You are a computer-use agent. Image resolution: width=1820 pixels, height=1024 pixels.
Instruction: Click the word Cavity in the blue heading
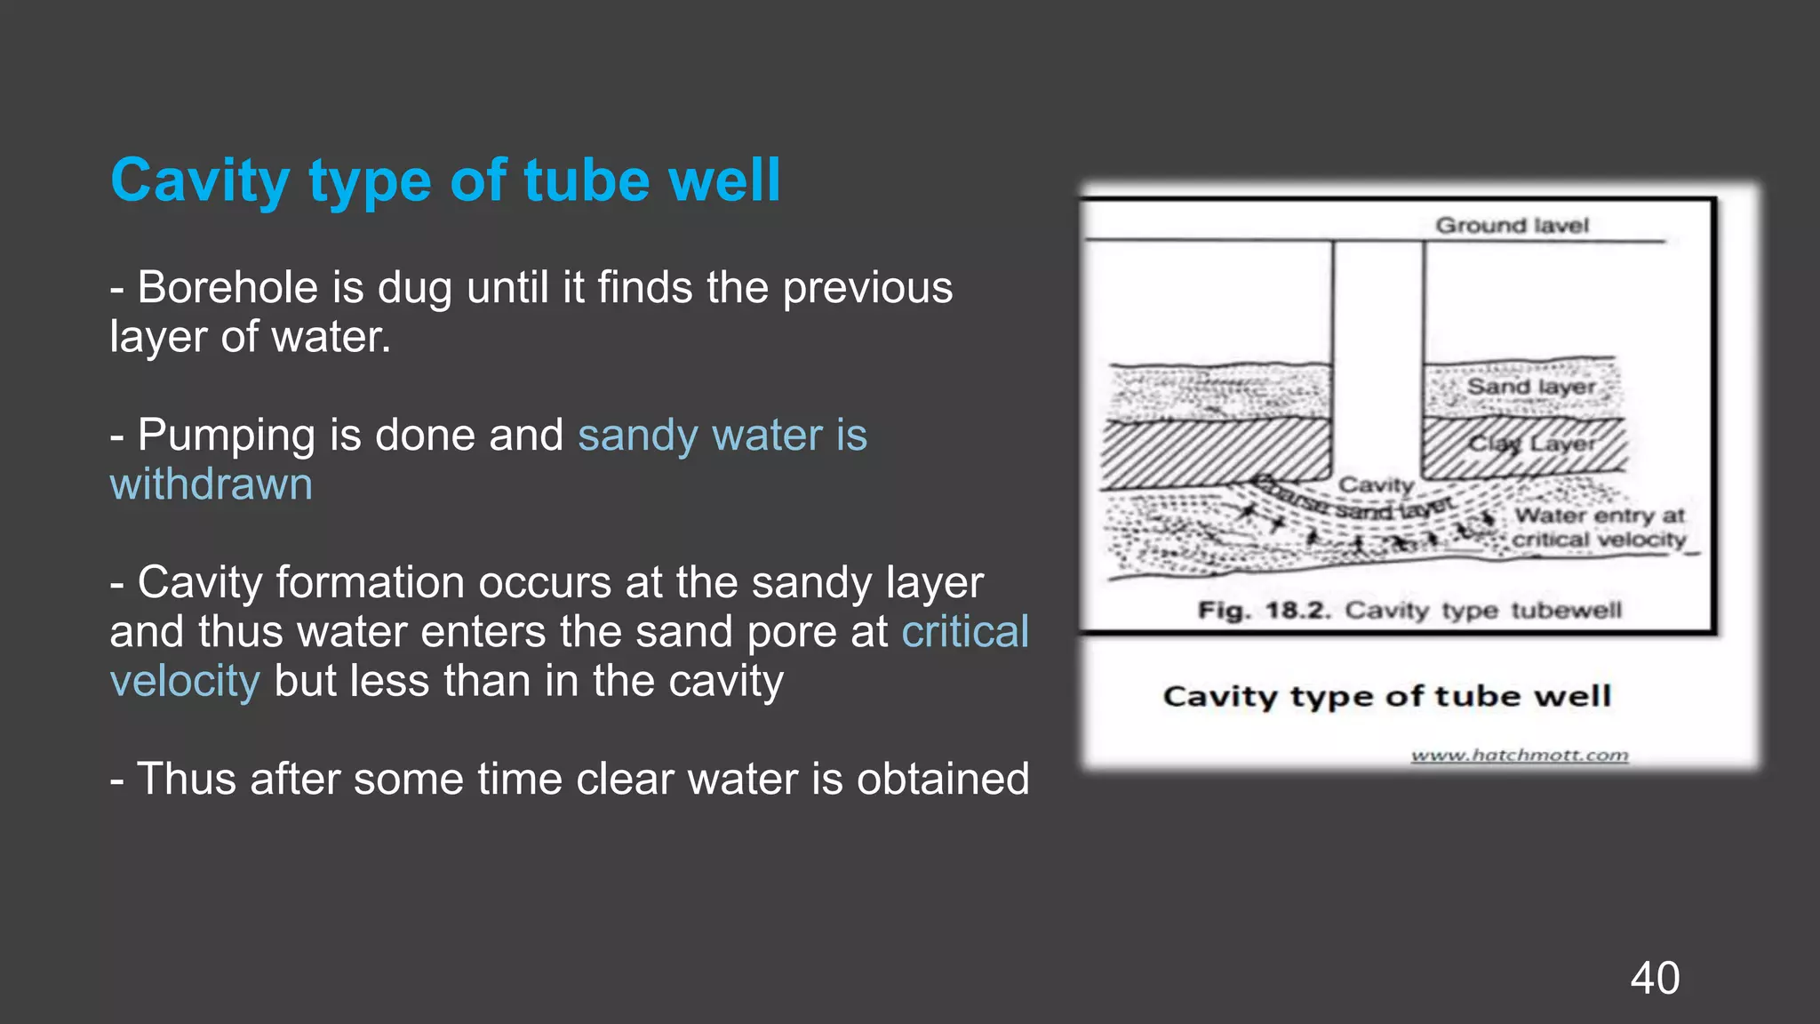coord(200,181)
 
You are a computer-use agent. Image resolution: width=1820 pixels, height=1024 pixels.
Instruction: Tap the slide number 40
coord(1655,978)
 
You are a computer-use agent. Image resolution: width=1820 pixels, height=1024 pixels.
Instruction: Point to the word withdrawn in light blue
coord(212,484)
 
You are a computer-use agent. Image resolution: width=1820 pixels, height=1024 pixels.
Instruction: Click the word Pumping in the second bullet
coord(227,436)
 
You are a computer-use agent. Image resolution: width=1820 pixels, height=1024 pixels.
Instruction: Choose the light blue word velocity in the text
coord(185,681)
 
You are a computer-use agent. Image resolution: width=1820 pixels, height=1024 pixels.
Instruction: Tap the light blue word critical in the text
coord(965,632)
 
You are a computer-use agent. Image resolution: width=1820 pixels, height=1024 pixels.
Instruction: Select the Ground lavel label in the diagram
coord(1512,226)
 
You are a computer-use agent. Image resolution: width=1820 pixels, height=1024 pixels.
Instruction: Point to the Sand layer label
coord(1531,387)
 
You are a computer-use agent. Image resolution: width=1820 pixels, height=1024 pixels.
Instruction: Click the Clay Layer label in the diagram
coord(1531,444)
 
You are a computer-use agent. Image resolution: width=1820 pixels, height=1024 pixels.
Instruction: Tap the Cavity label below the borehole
coord(1376,485)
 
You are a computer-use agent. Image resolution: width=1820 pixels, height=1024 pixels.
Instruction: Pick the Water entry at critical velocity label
coord(1599,527)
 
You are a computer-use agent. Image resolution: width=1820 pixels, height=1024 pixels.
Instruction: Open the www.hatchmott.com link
coord(1520,756)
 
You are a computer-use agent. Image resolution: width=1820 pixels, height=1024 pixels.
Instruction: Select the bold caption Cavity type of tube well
coord(1386,696)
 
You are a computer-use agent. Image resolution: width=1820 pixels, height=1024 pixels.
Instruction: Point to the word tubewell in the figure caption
coord(1566,611)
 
